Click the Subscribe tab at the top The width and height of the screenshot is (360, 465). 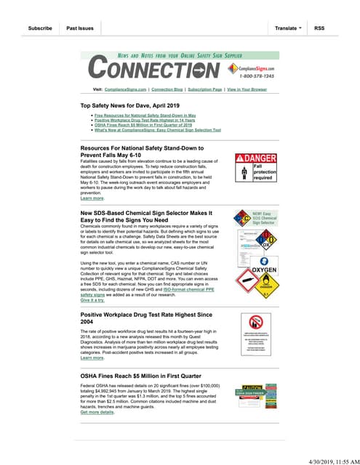click(x=40, y=28)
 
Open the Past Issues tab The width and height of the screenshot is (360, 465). click(x=80, y=28)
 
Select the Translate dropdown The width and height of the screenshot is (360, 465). click(x=289, y=28)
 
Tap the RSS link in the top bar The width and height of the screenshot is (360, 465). click(x=320, y=28)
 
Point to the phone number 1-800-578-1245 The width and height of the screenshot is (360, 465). click(x=253, y=76)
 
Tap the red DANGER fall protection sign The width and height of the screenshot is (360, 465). click(x=257, y=167)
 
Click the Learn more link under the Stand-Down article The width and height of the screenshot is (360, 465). click(x=92, y=198)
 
